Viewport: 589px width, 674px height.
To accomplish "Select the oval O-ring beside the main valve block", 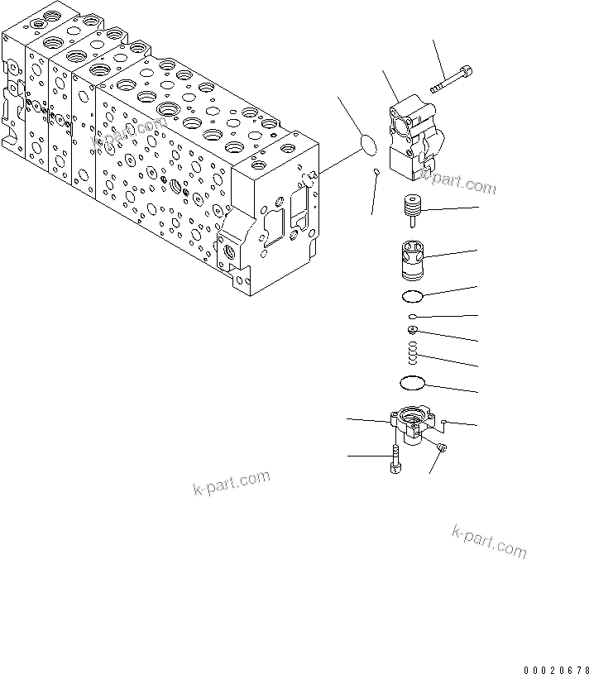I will click(369, 144).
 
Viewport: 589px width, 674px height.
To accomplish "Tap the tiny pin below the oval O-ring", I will click(376, 173).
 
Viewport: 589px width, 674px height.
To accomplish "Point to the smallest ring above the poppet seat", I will click(411, 317).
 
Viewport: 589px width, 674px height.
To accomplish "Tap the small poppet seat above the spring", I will click(411, 331).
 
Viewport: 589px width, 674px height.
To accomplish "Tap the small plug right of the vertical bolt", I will click(442, 447).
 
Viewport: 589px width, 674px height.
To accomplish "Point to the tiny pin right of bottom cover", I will click(445, 422).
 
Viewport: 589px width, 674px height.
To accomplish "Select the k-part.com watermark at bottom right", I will click(489, 541).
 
